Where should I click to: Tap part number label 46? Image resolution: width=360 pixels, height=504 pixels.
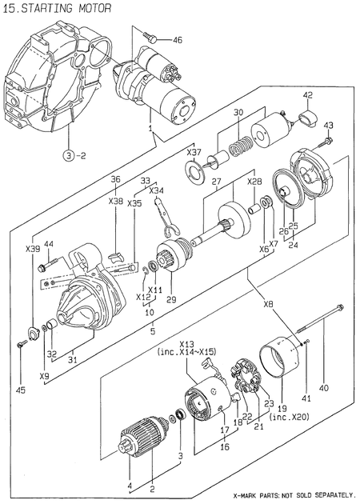tap(177, 39)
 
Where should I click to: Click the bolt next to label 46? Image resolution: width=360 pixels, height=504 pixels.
tap(152, 36)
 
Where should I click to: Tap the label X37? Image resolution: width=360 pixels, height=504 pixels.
tap(194, 151)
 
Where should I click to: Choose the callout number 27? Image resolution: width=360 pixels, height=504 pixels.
tap(216, 182)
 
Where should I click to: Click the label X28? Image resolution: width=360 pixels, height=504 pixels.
tap(254, 182)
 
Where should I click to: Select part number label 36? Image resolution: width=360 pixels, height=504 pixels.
tap(115, 179)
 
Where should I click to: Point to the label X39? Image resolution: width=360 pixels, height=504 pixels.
tap(33, 249)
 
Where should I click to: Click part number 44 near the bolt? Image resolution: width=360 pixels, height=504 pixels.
tap(49, 244)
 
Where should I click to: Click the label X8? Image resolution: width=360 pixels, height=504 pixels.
tap(267, 303)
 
